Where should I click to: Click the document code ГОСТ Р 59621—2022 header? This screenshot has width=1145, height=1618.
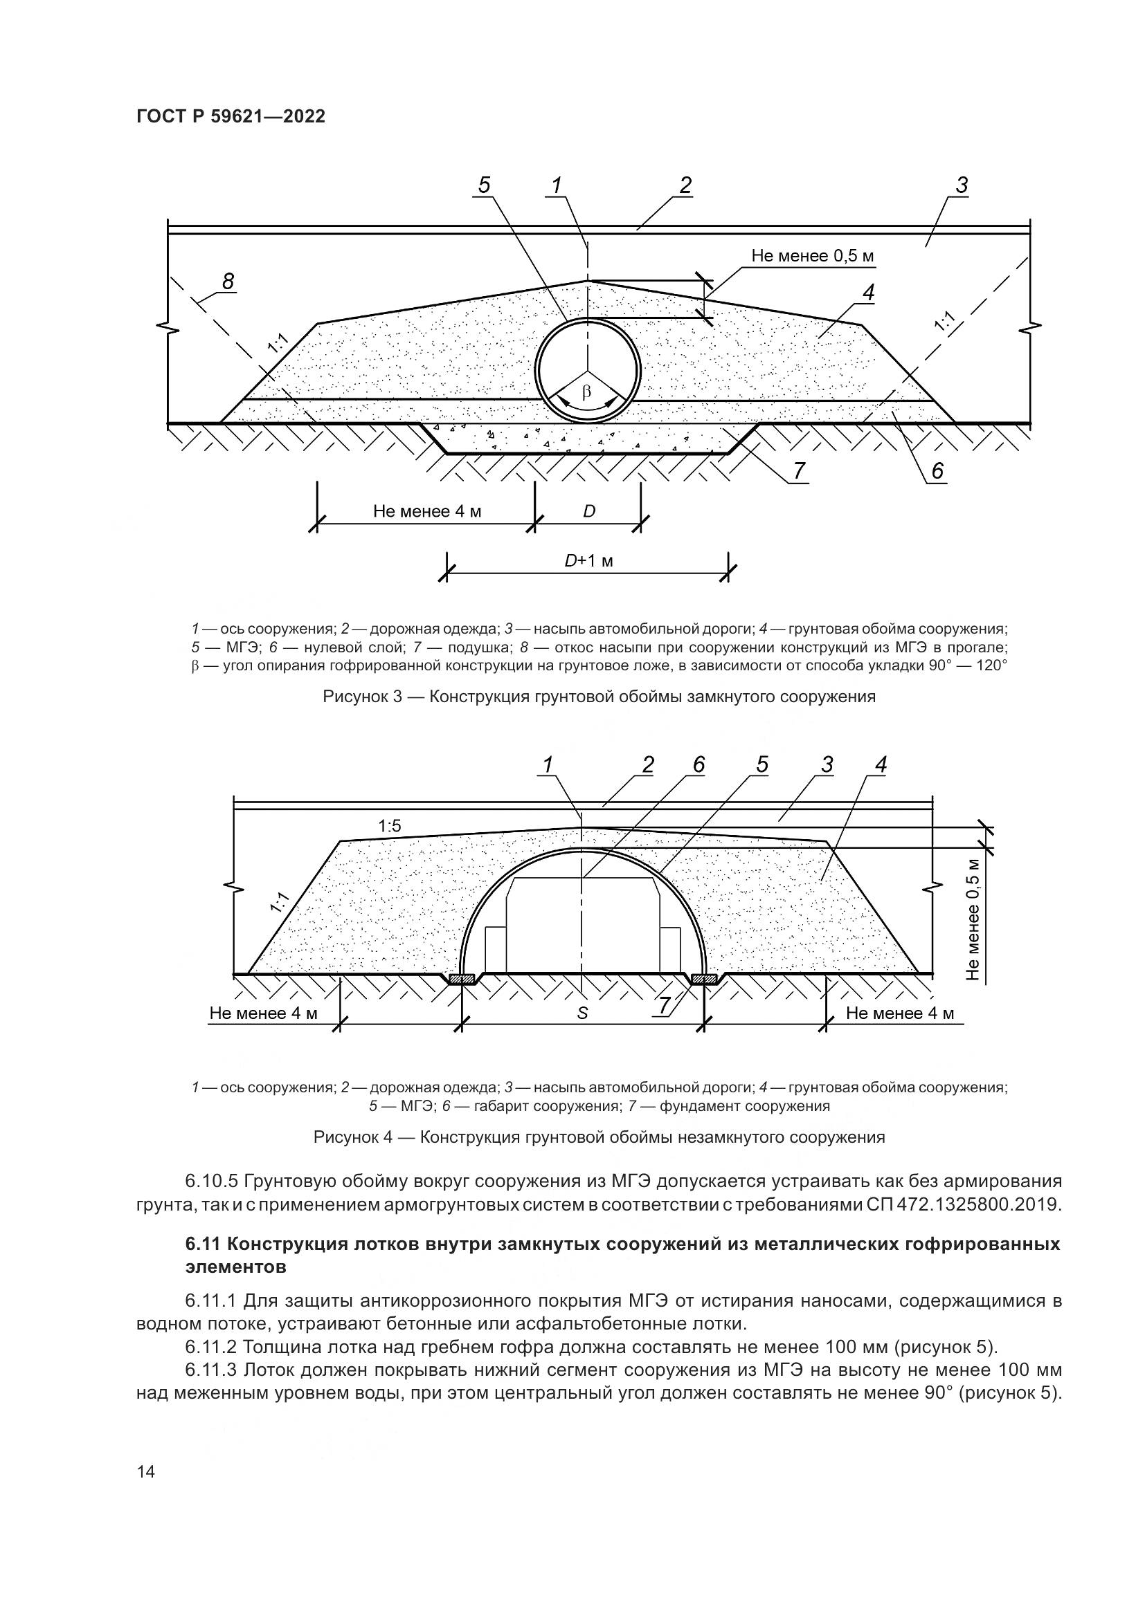click(x=231, y=117)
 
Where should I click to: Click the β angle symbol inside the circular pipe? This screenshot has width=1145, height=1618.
click(x=586, y=392)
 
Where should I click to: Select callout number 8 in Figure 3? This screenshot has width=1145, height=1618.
click(x=228, y=281)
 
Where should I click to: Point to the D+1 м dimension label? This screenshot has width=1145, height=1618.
click(x=588, y=561)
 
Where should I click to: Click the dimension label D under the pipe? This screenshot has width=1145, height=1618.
click(x=588, y=511)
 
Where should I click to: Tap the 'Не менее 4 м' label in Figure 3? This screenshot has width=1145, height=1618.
click(x=426, y=511)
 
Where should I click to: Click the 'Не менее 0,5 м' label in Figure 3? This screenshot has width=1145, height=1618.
click(x=812, y=256)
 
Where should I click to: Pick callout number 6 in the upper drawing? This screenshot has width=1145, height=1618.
click(x=937, y=471)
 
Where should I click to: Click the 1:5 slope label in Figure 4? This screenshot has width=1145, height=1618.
click(x=389, y=826)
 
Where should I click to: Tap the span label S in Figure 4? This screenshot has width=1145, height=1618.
click(x=582, y=1013)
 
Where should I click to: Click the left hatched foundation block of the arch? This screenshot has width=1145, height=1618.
click(x=462, y=979)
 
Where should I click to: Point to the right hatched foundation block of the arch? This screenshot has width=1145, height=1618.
click(x=704, y=979)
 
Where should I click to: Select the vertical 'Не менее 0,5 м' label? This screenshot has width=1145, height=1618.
click(x=974, y=919)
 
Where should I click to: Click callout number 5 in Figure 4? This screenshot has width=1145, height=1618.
click(x=762, y=764)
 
